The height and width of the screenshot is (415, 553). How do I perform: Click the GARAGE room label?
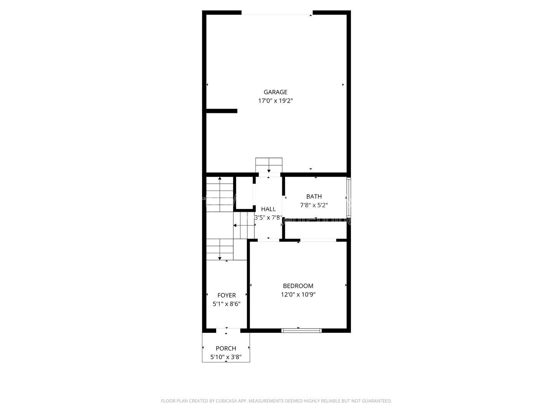coord(275,92)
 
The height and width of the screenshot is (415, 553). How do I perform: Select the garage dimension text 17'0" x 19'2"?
coord(275,101)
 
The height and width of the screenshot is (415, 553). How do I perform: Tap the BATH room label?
coord(314,196)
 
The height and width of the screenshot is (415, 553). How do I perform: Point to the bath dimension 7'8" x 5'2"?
coord(314,205)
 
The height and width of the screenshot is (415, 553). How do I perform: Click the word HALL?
coord(268,209)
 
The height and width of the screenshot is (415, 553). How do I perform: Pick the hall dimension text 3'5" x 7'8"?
coord(268,217)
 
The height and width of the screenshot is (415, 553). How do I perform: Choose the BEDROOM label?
coord(298,286)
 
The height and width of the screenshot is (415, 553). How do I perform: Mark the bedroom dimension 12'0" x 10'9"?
coord(298,295)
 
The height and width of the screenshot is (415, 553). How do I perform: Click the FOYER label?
coord(227,295)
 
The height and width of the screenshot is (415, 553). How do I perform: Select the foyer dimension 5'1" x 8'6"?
coord(227,304)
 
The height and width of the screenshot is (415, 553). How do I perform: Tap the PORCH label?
coord(226,349)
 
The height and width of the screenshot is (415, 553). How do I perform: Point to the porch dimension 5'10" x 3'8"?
coord(226,357)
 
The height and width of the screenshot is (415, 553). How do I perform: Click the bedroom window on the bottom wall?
coord(301,330)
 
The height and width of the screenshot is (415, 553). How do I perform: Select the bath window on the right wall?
coord(349,197)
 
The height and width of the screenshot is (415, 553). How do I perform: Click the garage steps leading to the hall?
coord(269,165)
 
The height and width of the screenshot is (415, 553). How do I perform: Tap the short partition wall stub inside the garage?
coord(222,111)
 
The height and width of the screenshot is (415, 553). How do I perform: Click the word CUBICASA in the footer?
coord(226,401)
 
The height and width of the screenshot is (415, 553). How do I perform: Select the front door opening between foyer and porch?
coord(228,330)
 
